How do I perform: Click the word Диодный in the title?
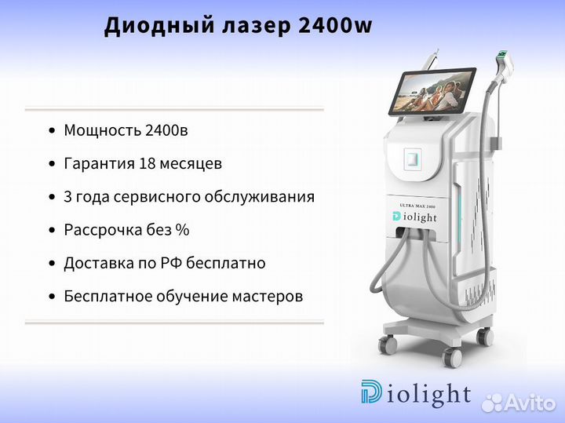pos(159,26)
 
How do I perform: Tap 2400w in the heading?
pos(336,25)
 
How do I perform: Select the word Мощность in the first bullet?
pos(102,131)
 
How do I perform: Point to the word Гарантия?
pos(99,164)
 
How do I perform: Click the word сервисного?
pos(156,197)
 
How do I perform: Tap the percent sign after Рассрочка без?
pos(182,230)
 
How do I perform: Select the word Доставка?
pos(99,264)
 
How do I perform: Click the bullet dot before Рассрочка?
pos(53,230)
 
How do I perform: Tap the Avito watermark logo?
pos(519,403)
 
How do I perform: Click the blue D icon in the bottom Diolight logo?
pos(371,392)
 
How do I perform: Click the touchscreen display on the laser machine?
pos(432,91)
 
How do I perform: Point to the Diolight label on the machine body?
pos(414,217)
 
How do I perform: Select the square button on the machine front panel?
pos(413,159)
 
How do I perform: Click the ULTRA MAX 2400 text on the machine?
pos(417,206)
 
